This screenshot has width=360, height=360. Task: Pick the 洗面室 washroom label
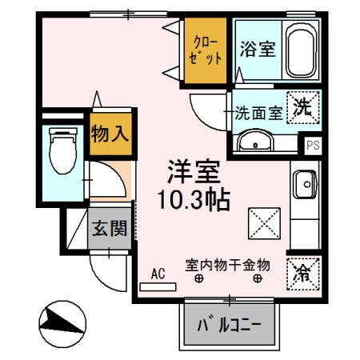click(258, 113)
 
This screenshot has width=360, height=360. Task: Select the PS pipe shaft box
click(312, 145)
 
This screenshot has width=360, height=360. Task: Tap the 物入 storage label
click(109, 133)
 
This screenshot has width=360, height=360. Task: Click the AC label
click(158, 274)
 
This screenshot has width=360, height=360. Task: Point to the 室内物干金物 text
click(228, 263)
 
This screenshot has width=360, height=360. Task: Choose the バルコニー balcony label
click(230, 326)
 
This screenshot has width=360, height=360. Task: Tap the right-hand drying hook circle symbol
click(258, 278)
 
